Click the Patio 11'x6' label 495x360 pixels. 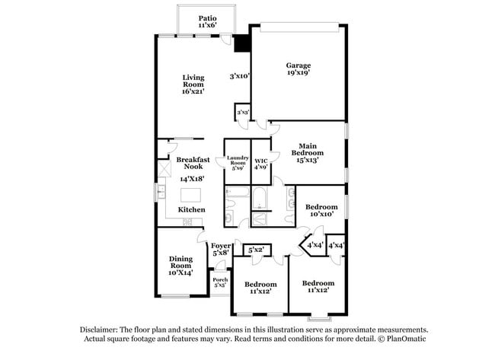(207, 21)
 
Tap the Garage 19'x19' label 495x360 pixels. (298, 70)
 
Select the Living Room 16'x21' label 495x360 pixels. (193, 84)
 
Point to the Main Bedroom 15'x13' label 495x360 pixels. (308, 152)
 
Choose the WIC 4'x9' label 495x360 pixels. (260, 163)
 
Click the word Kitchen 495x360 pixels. (191, 209)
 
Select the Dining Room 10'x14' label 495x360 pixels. (180, 265)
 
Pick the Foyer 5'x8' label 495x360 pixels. (221, 249)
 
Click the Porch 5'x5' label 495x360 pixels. (220, 282)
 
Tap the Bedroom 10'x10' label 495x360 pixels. (321, 211)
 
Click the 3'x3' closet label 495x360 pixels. (243, 112)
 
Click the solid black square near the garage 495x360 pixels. (242, 45)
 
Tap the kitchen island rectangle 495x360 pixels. (192, 195)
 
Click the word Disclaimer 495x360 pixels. (102, 330)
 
